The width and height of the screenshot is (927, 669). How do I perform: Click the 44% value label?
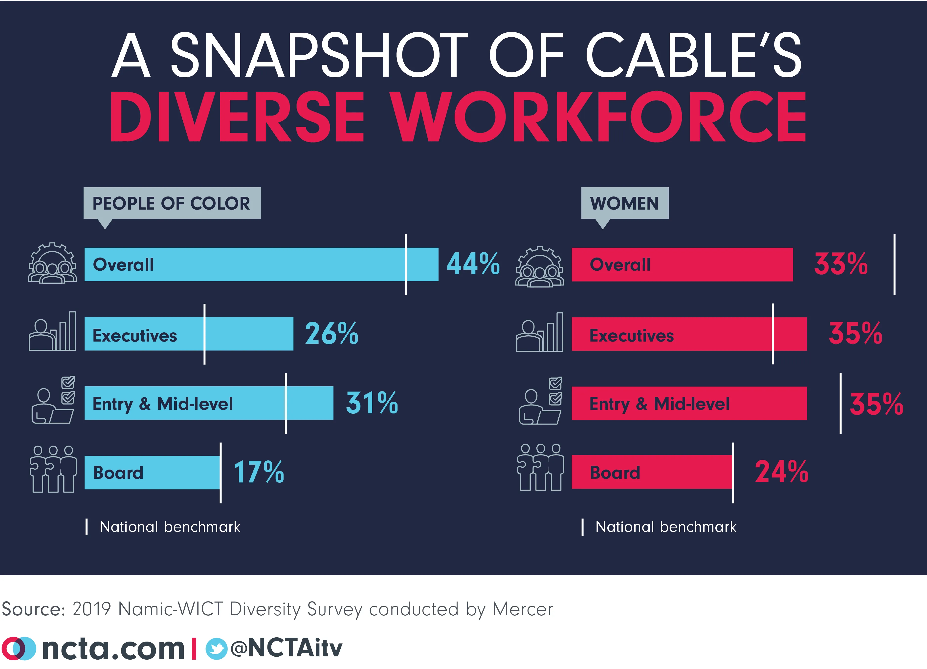[473, 264]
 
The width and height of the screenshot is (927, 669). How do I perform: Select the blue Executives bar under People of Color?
[188, 334]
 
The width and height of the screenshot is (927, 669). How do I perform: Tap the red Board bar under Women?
[652, 472]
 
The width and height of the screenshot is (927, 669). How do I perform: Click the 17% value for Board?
[258, 472]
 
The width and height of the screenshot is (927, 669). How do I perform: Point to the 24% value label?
[781, 472]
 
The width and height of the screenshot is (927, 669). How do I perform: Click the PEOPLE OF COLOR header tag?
[172, 203]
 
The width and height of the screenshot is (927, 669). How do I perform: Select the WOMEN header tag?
[624, 203]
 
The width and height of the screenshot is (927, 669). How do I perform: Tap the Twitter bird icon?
[216, 648]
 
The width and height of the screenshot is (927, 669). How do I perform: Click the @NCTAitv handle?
[286, 648]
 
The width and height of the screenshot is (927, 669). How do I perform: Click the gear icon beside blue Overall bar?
[52, 264]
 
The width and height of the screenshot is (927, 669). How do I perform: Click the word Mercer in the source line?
[522, 609]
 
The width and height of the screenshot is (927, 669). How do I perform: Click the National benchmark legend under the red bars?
[665, 527]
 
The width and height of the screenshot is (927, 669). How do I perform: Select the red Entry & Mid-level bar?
[689, 403]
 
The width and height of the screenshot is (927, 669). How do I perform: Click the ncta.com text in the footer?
[113, 648]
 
